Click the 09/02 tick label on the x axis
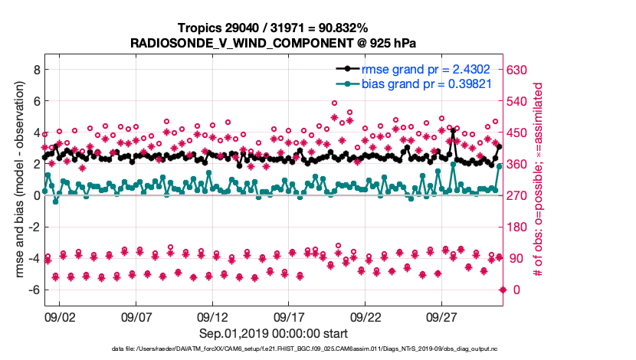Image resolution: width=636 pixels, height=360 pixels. click(x=60, y=316)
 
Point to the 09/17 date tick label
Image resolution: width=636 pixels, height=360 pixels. click(x=290, y=316)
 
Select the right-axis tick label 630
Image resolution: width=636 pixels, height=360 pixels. click(x=520, y=69)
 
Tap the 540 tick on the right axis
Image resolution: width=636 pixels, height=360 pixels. click(x=520, y=100)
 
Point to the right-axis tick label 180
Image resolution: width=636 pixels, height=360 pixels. click(x=520, y=227)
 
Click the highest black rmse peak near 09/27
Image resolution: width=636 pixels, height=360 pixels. click(x=453, y=131)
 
